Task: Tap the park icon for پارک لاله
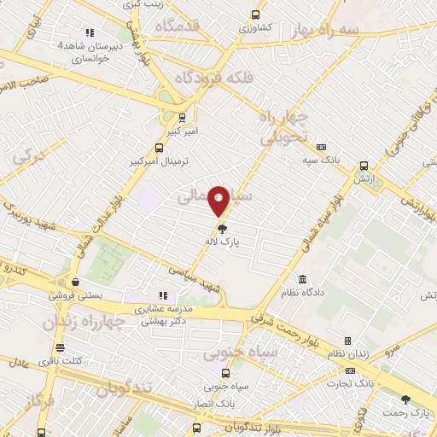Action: point(223,228)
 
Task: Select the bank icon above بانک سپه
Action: point(321,147)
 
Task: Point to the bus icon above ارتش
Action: point(364,166)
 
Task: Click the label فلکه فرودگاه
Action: point(214,78)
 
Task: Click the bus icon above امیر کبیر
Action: point(182,118)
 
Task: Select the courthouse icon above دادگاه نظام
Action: point(303,279)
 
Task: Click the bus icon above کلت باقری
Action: point(59,347)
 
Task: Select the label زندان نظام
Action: point(347,353)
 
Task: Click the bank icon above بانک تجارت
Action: point(351,371)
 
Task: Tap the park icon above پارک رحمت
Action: point(405,399)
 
